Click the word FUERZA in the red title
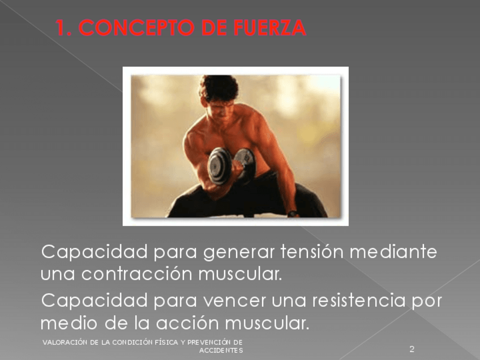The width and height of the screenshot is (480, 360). [269, 28]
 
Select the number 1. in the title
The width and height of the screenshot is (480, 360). [63, 28]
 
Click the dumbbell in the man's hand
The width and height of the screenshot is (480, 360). [231, 166]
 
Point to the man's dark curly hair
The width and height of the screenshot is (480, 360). [218, 87]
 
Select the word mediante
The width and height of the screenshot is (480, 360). [393, 252]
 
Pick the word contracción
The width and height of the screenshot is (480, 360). [137, 273]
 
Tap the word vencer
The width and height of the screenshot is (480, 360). [234, 301]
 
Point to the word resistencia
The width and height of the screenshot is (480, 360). [359, 300]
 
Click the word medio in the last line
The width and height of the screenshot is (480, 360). [69, 323]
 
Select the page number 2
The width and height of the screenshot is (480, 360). [412, 349]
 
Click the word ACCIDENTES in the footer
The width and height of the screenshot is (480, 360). [221, 350]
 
